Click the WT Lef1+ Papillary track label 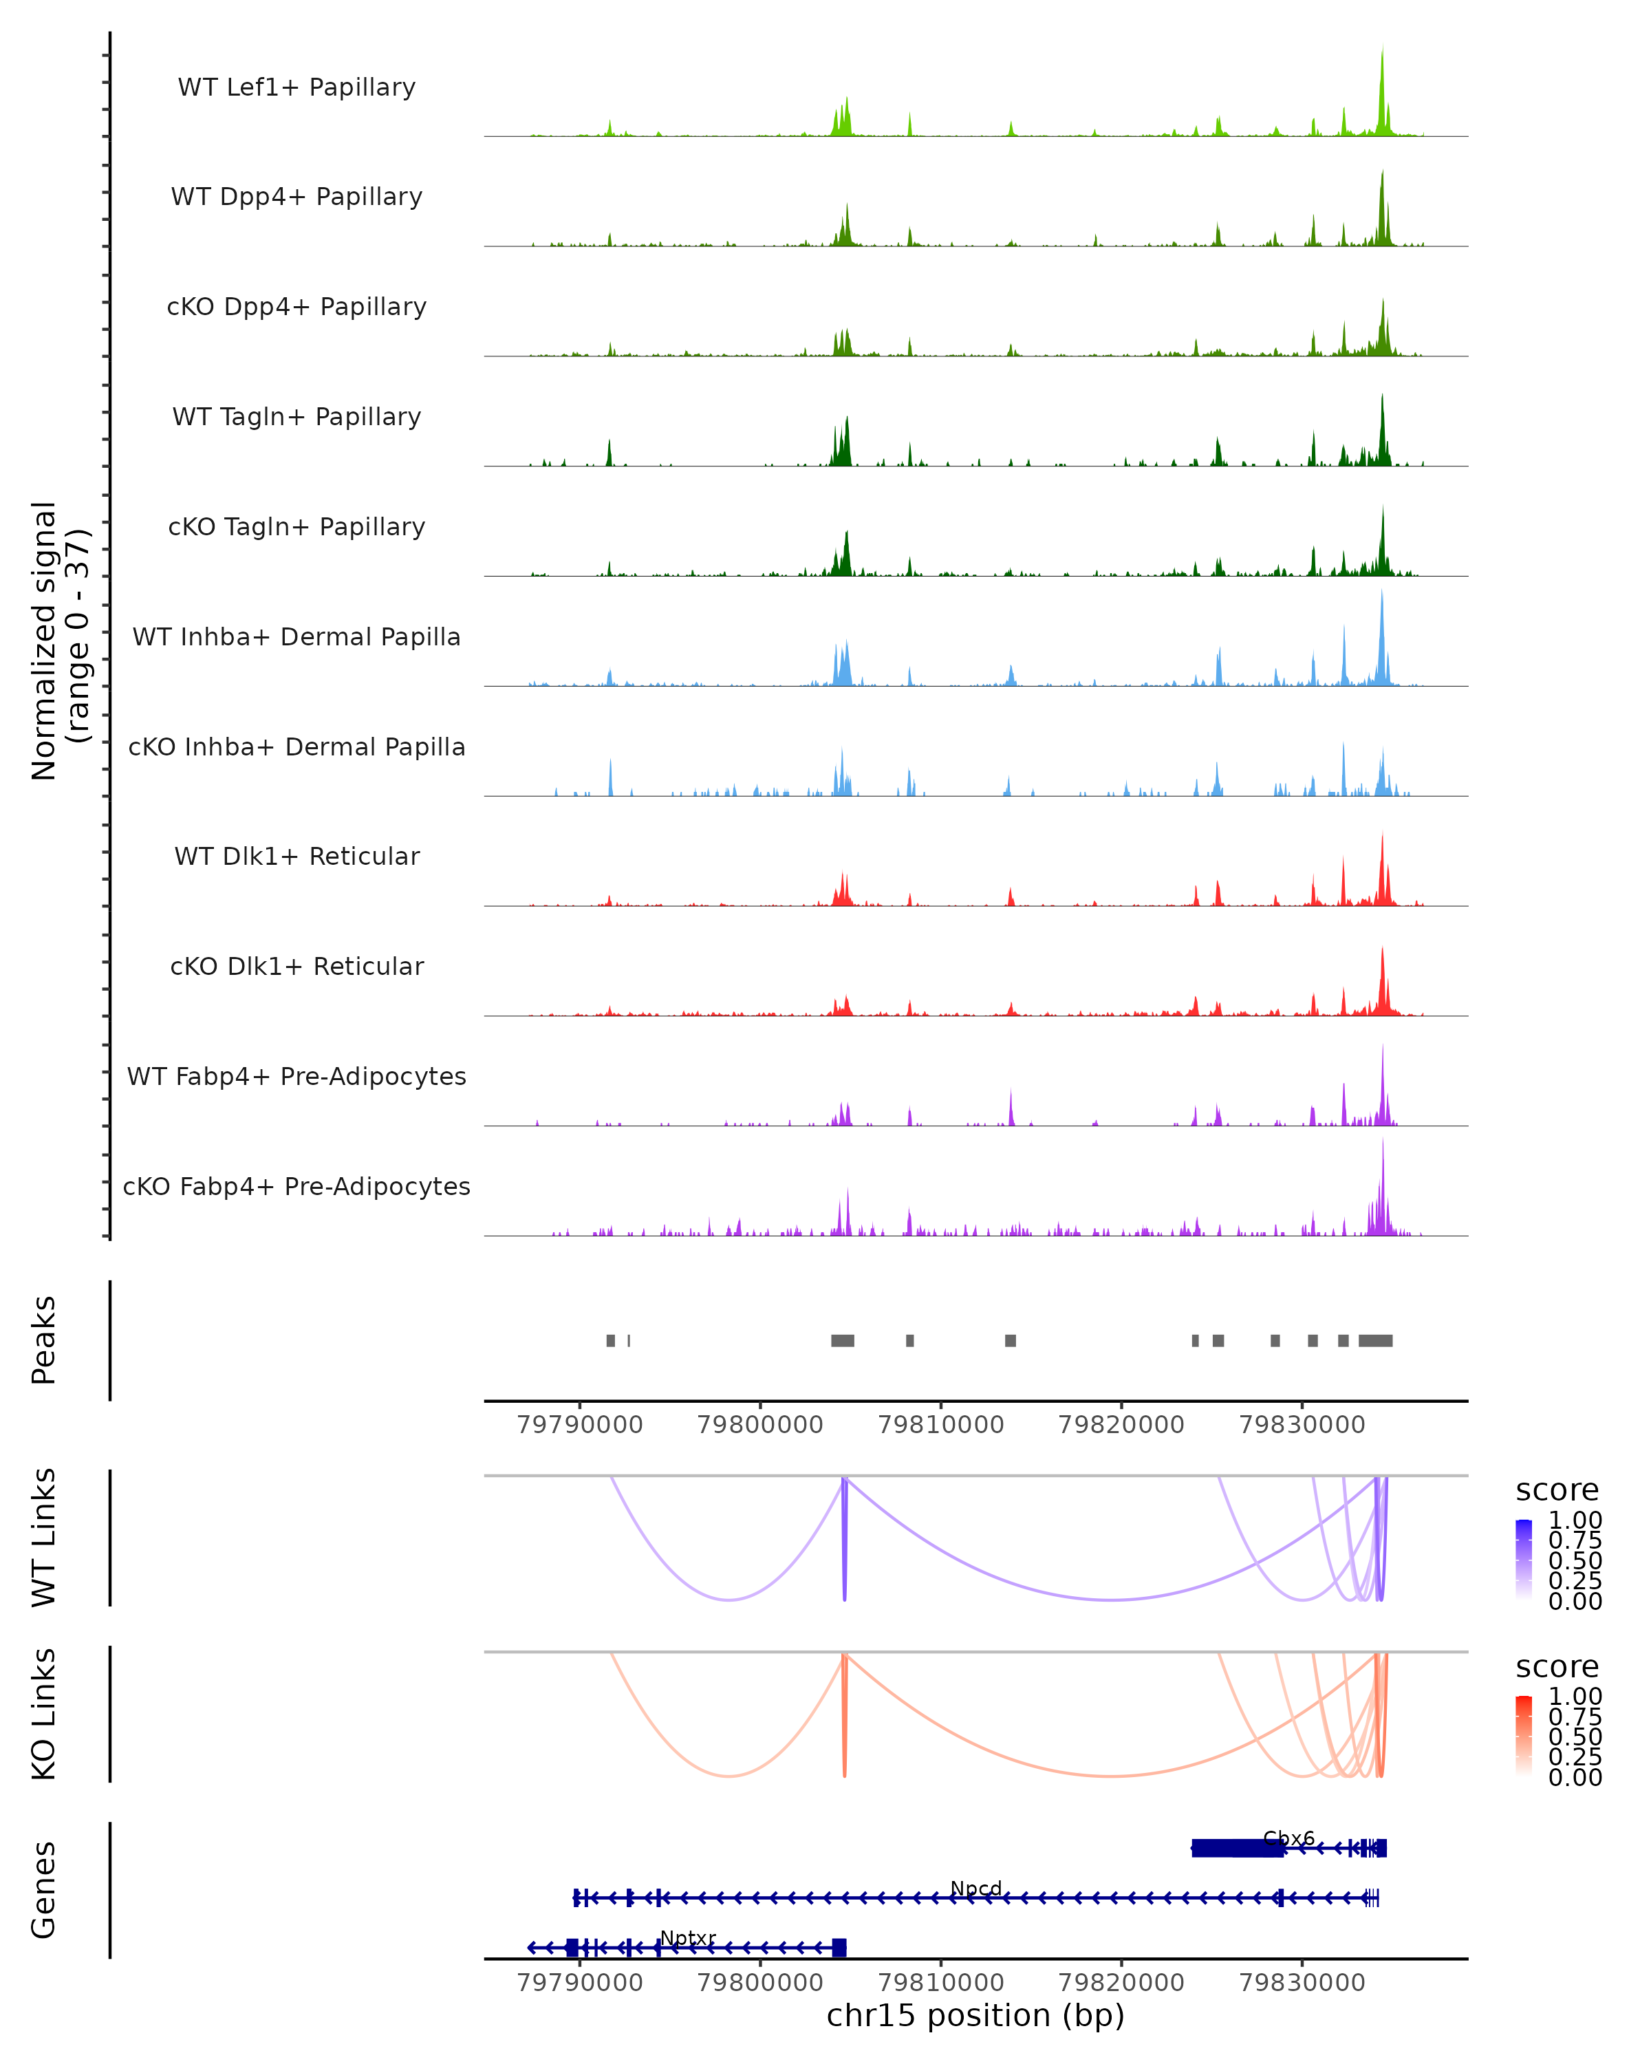(296, 87)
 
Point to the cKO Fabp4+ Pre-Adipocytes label (296, 1186)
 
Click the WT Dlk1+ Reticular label (296, 856)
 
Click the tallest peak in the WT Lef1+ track (1382, 57)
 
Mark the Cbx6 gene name (1288, 1838)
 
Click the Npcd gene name (975, 1888)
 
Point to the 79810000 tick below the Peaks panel (941, 1425)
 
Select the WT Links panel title (44, 1538)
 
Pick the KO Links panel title (44, 1714)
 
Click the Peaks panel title (44, 1340)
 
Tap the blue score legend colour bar (1524, 1558)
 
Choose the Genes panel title (44, 1890)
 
